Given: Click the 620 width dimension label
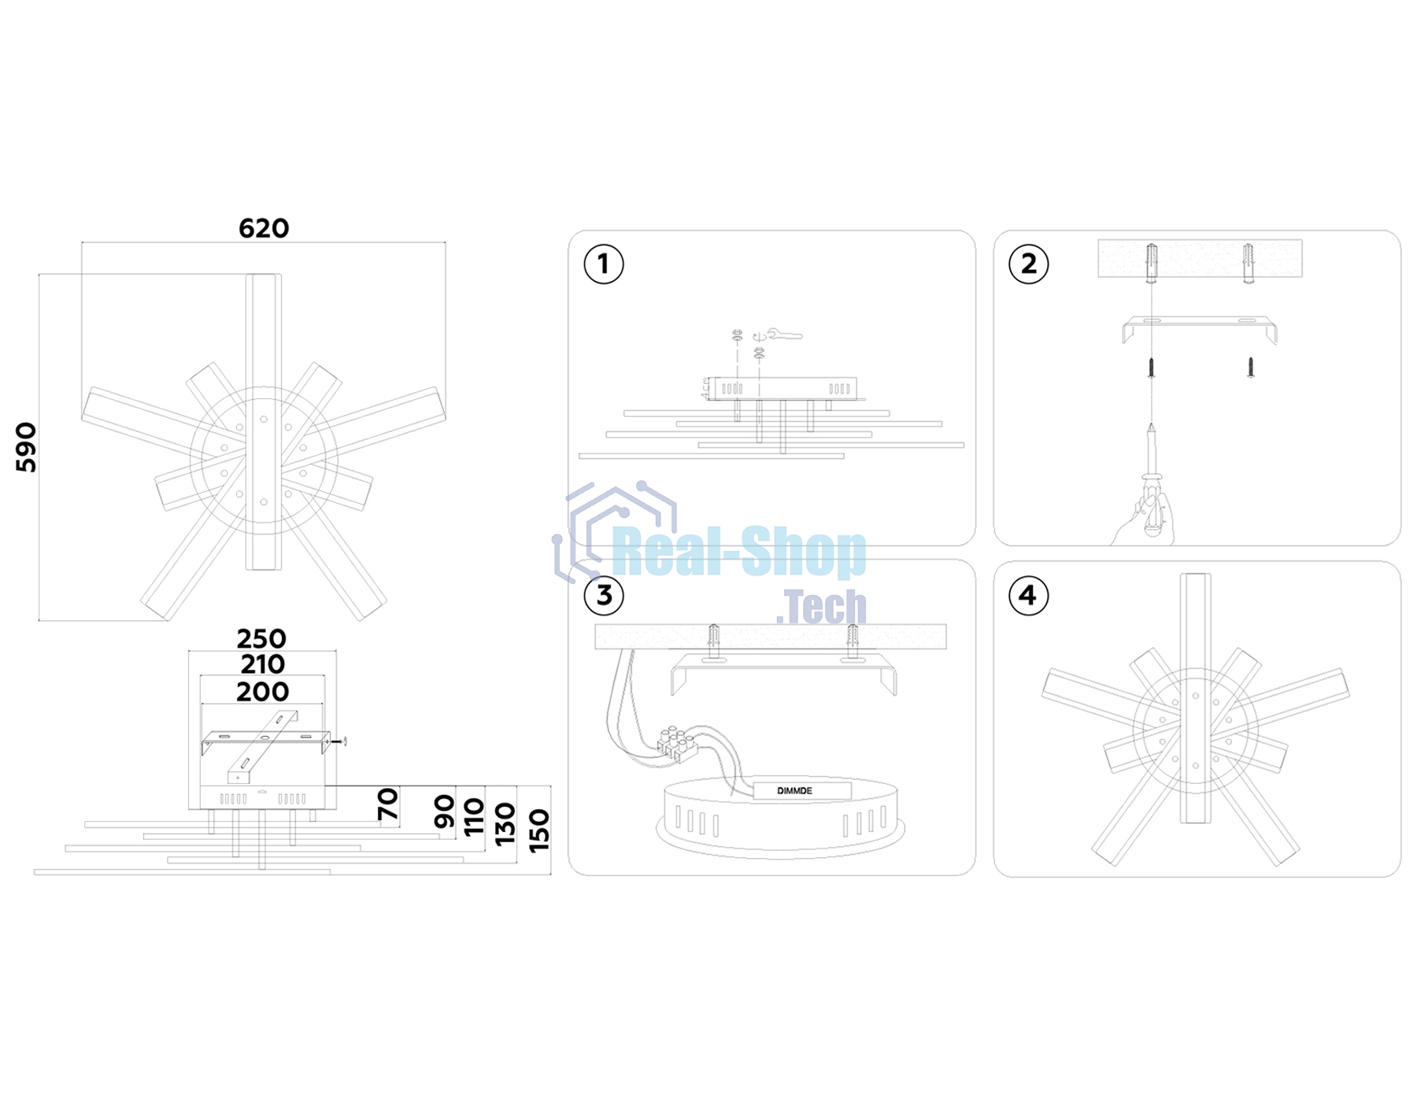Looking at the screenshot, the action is pos(264,228).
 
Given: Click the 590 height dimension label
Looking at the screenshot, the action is pos(26,447).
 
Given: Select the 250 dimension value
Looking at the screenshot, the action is pos(261,638).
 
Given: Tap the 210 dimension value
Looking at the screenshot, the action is pos(262,664).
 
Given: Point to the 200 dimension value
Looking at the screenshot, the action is pos(262,692).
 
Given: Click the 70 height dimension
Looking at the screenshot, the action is pos(387,804).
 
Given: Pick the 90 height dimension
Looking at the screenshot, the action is pos(444,811).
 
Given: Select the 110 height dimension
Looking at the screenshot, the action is pos(474,817).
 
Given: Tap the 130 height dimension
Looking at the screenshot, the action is pos(505,824).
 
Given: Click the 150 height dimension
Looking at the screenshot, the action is pos(539,830).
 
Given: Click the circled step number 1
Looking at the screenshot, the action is pos(604,264).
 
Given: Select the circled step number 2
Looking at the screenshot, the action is pos(1028,264).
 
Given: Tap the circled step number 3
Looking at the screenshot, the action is pos(604,595).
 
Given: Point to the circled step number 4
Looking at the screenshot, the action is pos(1028,595).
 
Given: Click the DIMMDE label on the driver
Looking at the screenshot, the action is pos(794,791).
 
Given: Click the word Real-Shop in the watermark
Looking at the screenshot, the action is pos(738,553).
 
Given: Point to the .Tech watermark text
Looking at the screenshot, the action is pos(821,606).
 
